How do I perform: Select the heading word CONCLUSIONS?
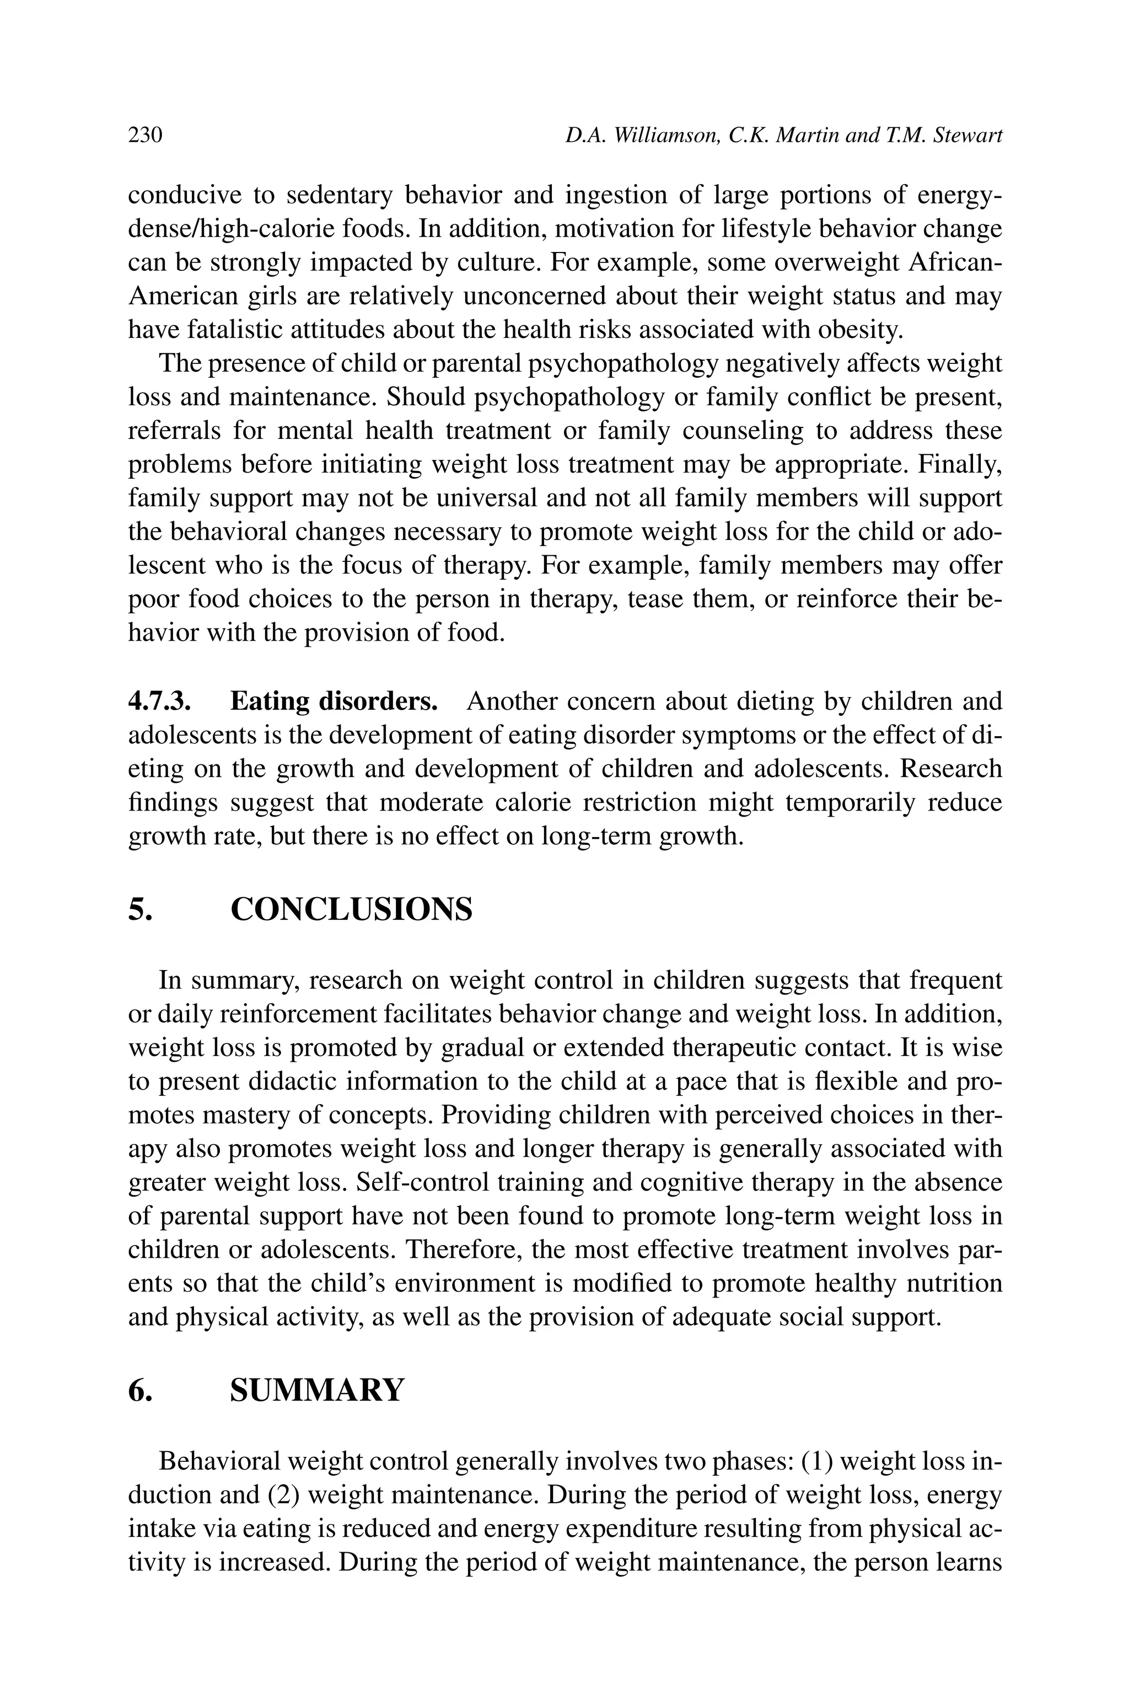351,909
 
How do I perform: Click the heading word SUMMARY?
317,1390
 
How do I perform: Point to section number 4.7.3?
159,701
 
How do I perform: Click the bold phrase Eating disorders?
334,701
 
